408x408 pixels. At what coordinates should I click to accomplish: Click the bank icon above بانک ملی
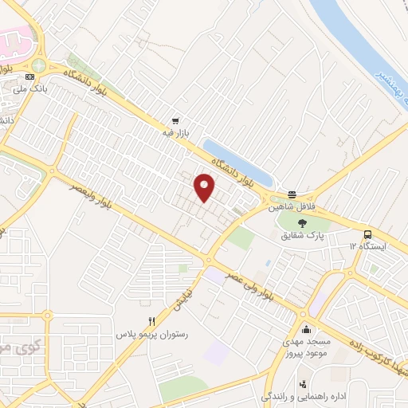pos(30,76)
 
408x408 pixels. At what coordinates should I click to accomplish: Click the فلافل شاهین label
pos(292,206)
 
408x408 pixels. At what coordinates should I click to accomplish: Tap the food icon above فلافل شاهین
pos(292,194)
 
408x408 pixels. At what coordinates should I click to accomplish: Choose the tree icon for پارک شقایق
pos(302,224)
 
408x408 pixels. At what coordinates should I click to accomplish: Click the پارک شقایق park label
pos(302,236)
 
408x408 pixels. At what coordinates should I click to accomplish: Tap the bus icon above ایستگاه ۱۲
pos(368,234)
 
